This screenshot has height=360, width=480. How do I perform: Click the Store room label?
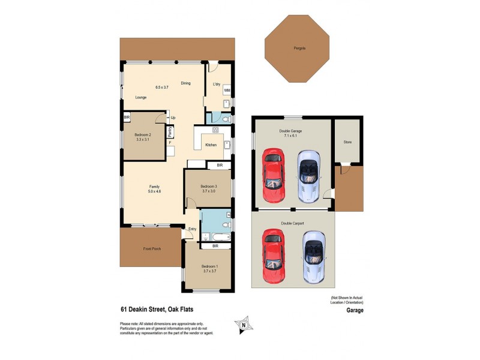click(347, 143)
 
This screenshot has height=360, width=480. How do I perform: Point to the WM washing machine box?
click(227, 90)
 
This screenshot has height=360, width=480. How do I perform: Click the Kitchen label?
click(211, 145)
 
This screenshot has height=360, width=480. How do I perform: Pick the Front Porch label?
click(152, 248)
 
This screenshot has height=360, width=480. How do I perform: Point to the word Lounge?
click(142, 97)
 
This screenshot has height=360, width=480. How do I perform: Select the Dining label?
click(185, 83)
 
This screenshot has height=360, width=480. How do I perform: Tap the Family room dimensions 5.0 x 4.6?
click(154, 191)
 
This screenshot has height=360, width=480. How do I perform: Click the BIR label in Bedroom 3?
click(220, 164)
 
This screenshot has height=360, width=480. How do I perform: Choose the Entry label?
click(193, 229)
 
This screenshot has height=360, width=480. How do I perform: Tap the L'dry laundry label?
click(217, 84)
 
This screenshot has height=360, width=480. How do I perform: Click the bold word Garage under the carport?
click(355, 311)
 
